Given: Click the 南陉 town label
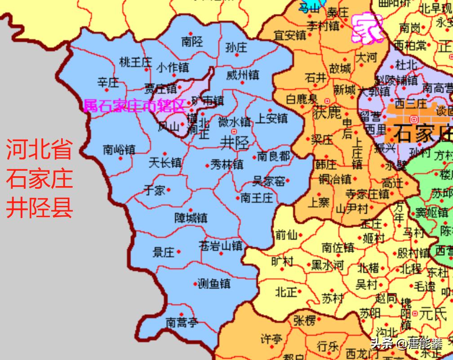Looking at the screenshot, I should coord(192,42).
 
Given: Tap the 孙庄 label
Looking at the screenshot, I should coord(236,46).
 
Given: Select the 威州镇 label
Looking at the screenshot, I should coord(242,75).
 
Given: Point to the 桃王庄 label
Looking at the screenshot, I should coord(136,62).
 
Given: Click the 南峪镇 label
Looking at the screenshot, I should coord(119,149).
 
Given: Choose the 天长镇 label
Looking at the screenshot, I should coord(165,162).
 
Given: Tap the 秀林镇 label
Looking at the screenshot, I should coord(227,164).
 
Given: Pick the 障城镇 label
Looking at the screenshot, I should coord(191,218).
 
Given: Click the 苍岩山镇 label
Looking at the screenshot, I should coord(220,246).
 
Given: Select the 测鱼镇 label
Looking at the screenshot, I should coord(214,284).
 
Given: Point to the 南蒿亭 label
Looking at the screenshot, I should coord(182,322).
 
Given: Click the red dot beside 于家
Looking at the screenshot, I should coord(169,190).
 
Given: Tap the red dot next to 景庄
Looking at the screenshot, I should coord(179,252).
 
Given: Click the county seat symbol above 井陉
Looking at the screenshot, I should coord(234,131).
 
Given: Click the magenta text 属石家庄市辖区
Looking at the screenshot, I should coord(135,106).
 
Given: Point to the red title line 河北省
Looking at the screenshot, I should coord(40,150).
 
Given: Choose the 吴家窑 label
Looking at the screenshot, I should coord(269,181).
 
